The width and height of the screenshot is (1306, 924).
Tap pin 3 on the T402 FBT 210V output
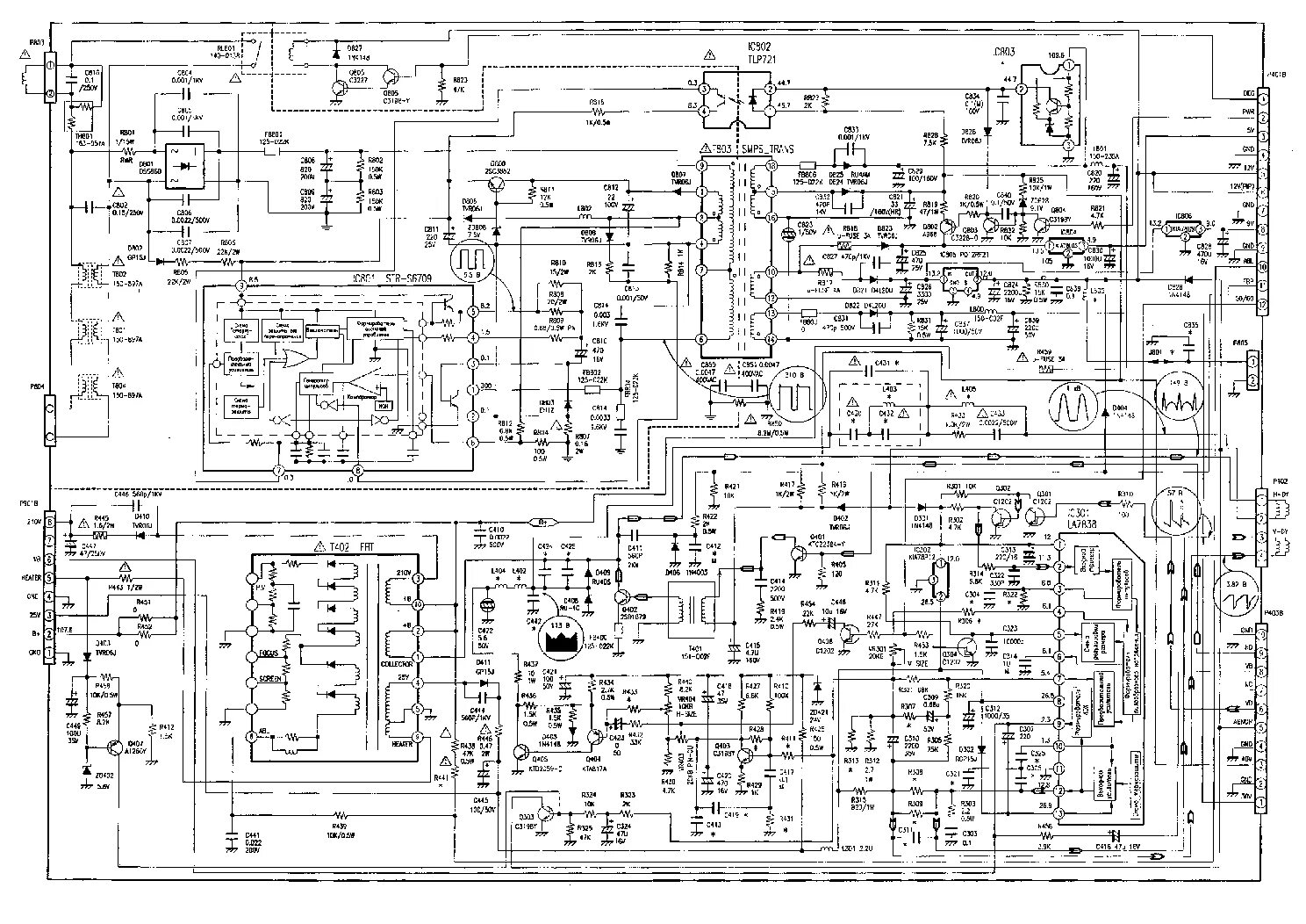[x=419, y=578]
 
